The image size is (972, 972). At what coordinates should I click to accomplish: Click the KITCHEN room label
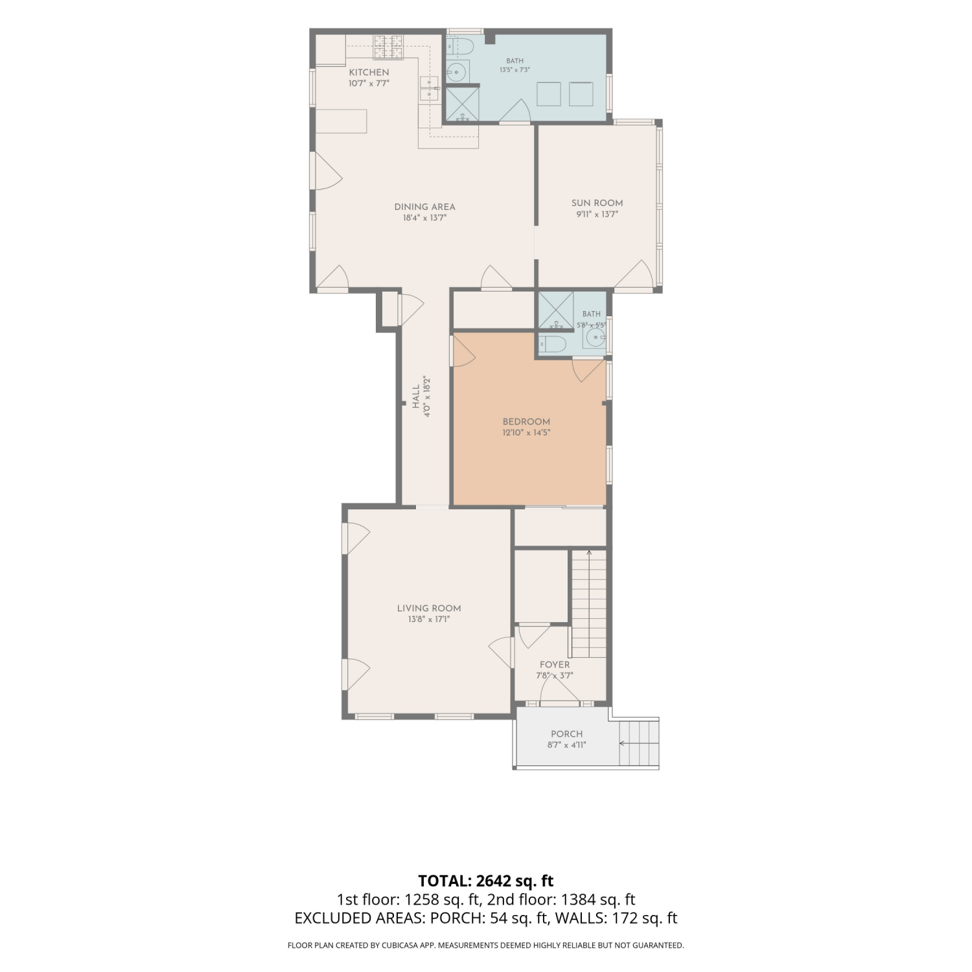(369, 73)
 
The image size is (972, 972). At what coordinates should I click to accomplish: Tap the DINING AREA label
(424, 207)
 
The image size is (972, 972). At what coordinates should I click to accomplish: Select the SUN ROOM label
(597, 203)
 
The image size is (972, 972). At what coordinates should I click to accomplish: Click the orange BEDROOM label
(526, 422)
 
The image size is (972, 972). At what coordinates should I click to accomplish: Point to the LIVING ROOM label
(429, 608)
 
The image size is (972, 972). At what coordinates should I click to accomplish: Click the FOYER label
(555, 665)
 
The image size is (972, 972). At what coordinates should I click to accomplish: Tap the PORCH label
(567, 734)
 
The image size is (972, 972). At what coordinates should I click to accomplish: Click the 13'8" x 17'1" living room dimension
(429, 619)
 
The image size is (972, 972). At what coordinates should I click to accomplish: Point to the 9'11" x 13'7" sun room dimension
(597, 214)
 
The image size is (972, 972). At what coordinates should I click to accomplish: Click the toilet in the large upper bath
(462, 46)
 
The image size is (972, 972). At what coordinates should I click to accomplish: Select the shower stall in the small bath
(556, 310)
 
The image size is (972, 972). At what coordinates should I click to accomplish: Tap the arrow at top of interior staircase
(589, 553)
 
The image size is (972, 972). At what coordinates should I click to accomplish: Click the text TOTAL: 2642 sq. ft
(486, 881)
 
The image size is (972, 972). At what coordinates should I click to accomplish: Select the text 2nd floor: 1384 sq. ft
(561, 899)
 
